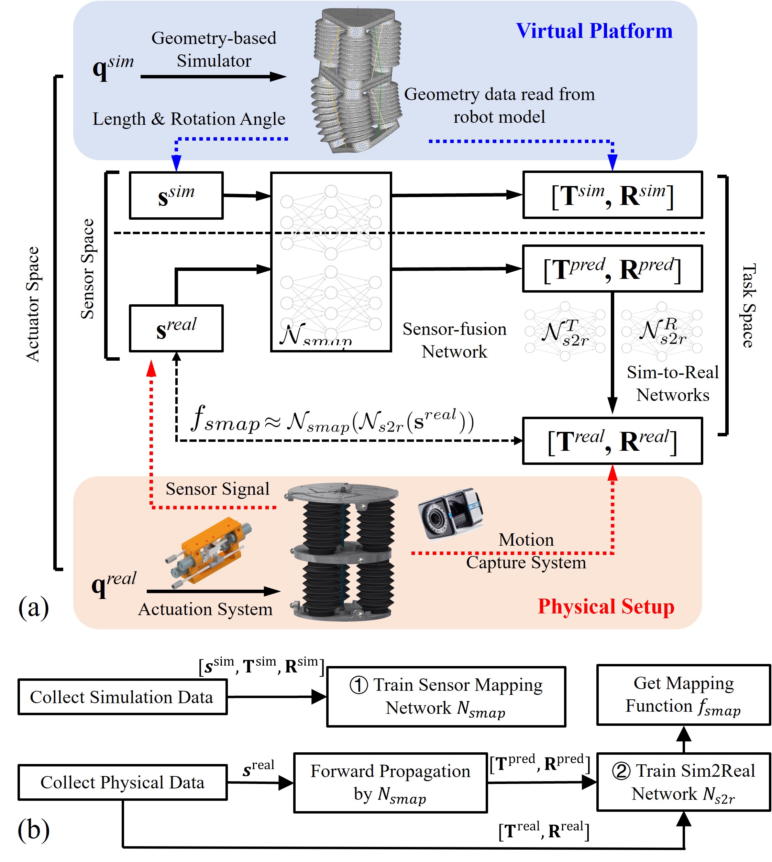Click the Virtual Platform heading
pos(594,31)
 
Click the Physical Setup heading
pos(606,606)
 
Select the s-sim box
pos(176,196)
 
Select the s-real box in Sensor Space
pos(176,328)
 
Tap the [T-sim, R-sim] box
pos(612,195)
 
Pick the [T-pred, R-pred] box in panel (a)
pos(612,269)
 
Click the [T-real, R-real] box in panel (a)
pos(612,441)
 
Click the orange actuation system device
pos(208,552)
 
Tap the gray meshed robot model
pos(356,80)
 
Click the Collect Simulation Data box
pos(122,697)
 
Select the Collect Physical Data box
pos(122,782)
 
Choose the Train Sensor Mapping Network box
pos(446,697)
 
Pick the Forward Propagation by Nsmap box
pos(390,783)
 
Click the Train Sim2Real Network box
pos(683,782)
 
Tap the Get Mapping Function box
pos(683,695)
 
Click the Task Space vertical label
pos(749,305)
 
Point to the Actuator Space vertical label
pos(33,304)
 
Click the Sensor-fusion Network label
pos(454,340)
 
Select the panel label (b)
pos(33,829)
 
